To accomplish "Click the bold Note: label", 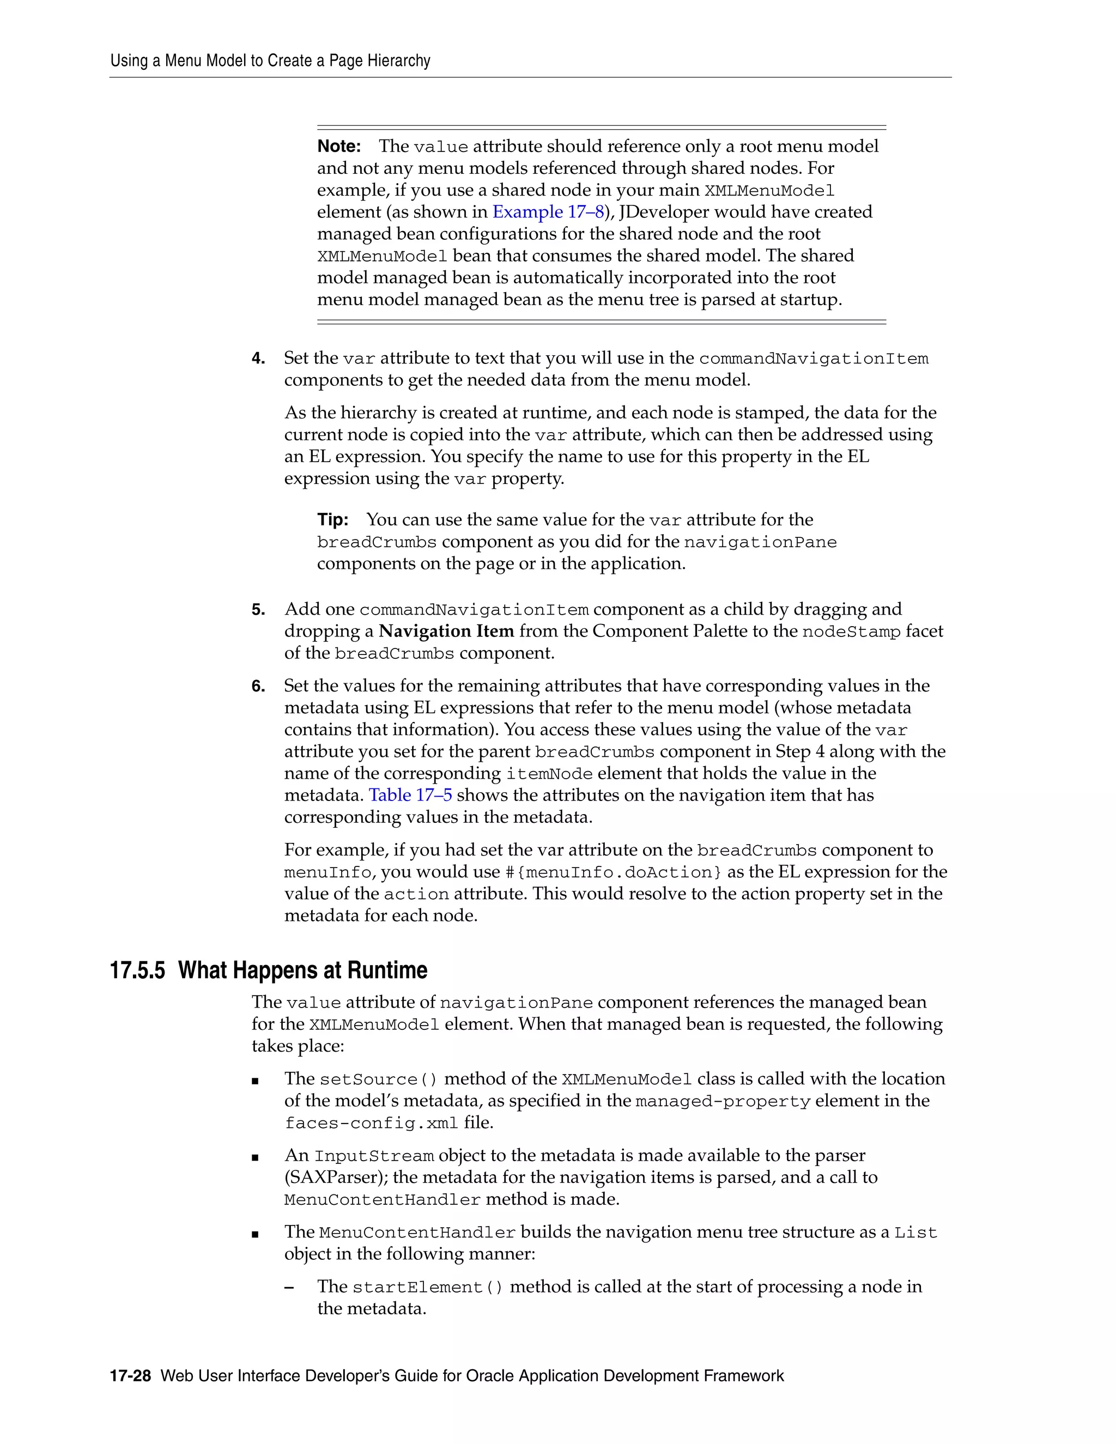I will tap(338, 146).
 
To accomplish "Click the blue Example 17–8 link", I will tap(548, 211).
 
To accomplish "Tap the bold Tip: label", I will tap(332, 520).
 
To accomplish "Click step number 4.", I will tap(258, 359).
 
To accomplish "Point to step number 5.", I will tap(258, 610).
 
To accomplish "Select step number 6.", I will tap(258, 686).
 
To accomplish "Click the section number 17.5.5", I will tap(137, 970).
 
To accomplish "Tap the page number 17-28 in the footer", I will tap(130, 1376).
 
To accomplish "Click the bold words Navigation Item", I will tap(446, 632).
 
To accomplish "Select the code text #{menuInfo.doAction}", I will tap(614, 872).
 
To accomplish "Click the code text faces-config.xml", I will tap(371, 1124).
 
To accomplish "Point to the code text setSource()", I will tap(378, 1079).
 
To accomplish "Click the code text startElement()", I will tap(428, 1287).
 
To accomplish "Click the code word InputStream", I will tap(373, 1156).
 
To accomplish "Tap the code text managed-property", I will tap(722, 1101).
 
